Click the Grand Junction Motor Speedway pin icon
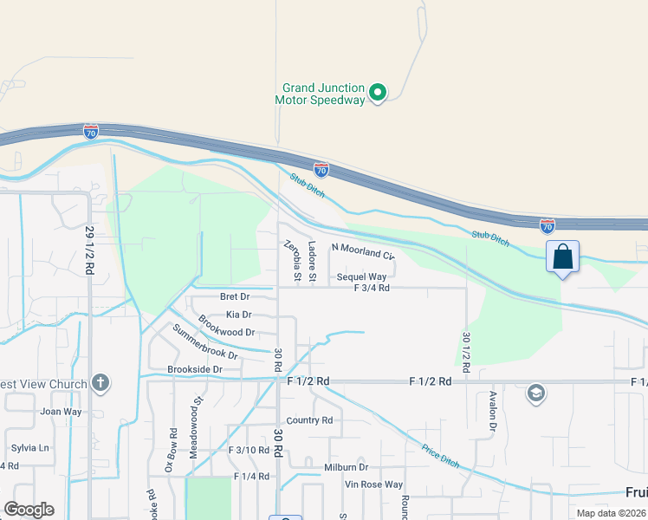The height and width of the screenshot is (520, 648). pos(378,92)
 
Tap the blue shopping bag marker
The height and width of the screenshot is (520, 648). pos(562,257)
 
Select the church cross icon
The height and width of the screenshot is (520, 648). pos(100,382)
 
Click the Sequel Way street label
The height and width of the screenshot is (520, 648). pos(361,277)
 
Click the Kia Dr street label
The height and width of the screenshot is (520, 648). pos(238,315)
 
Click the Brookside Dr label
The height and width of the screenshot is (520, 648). pos(195,369)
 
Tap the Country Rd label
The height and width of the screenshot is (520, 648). pos(309,420)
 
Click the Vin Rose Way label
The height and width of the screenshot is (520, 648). pos(373,484)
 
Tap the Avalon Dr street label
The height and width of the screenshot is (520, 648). pos(491,411)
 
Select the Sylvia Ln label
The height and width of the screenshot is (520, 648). pos(30,448)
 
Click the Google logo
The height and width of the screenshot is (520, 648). pos(29,510)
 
